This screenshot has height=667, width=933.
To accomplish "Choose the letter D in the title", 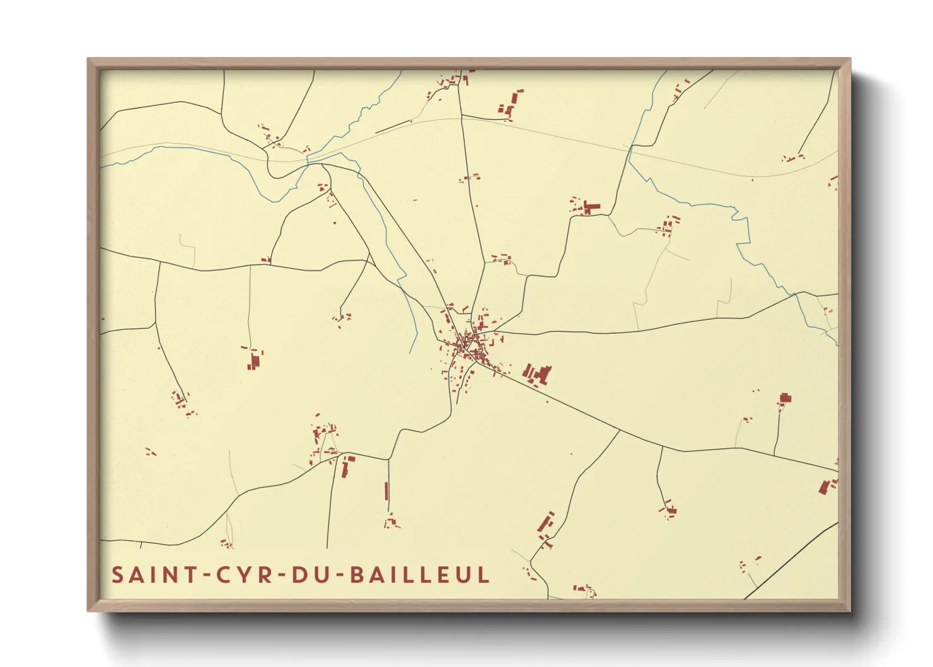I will [299, 575].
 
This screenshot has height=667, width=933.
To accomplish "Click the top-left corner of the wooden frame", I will [88, 59].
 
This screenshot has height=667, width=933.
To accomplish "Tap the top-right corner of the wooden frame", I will [850, 59].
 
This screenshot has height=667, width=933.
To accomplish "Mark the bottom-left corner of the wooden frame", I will [88, 610].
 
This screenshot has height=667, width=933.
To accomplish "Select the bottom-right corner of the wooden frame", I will [850, 610].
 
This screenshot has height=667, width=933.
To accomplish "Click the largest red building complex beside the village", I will [537, 374].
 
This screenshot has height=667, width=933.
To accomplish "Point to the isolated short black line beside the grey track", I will [393, 127].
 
